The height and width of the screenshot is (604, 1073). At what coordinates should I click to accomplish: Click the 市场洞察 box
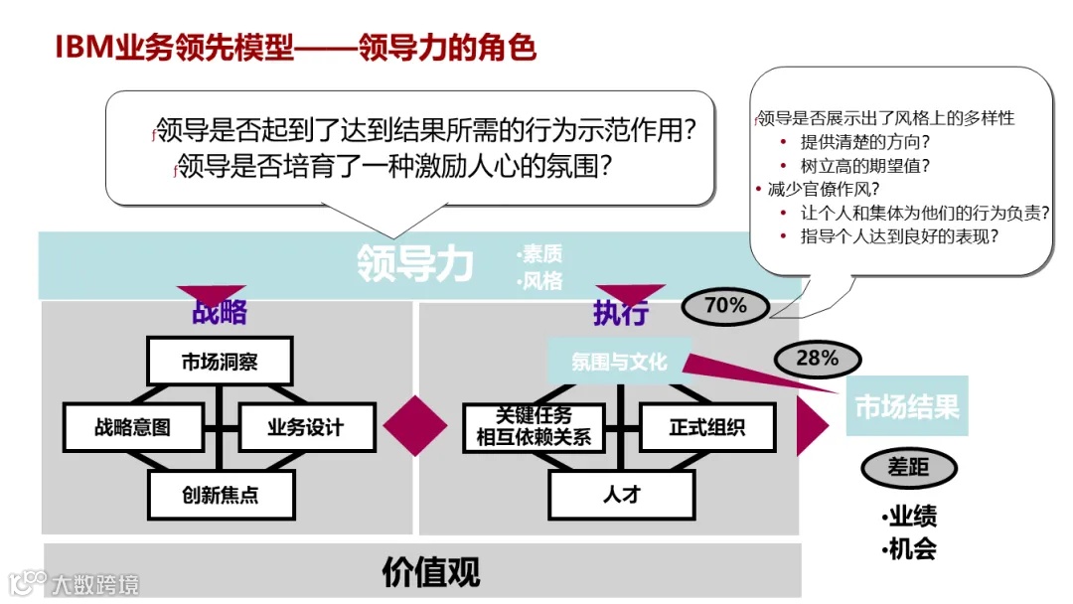click(220, 362)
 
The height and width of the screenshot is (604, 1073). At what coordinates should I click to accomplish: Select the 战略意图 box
click(133, 427)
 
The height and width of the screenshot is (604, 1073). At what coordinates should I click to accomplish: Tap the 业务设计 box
click(306, 427)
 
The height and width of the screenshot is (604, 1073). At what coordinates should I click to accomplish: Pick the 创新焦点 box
click(221, 494)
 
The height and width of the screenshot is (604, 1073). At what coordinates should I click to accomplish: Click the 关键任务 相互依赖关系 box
click(534, 427)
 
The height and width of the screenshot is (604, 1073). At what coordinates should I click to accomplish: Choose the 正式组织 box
click(706, 427)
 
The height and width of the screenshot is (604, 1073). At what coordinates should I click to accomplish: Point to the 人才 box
click(621, 494)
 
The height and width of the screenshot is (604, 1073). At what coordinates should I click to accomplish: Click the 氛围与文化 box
click(618, 362)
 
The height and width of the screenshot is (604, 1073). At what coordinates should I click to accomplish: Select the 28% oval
click(817, 359)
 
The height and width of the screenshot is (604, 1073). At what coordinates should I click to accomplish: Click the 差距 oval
click(908, 467)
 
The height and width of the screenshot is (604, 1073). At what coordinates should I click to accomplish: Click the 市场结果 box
click(906, 406)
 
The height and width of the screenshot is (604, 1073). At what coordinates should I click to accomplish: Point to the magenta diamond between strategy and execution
click(415, 426)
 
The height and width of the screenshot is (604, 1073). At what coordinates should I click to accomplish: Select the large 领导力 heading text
click(414, 264)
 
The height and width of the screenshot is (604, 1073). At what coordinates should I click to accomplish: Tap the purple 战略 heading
click(219, 313)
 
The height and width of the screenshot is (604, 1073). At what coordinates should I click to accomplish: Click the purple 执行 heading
click(621, 314)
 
